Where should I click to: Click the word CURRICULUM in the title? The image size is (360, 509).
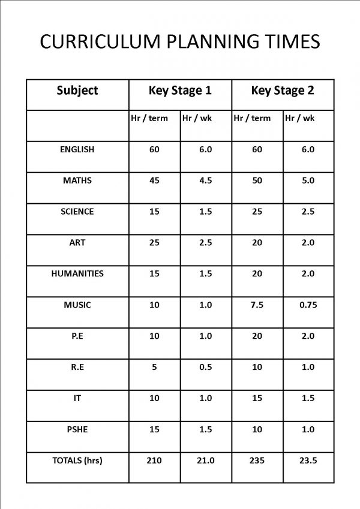click(x=98, y=41)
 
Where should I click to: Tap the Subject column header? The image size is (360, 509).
click(x=77, y=91)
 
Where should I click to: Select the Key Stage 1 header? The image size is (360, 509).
click(x=180, y=91)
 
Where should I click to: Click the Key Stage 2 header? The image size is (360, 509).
click(x=282, y=91)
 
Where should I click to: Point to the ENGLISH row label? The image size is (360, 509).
click(x=77, y=149)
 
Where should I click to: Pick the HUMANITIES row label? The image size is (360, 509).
click(x=77, y=273)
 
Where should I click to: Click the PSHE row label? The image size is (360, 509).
click(x=77, y=429)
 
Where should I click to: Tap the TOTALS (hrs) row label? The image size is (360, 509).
click(x=77, y=460)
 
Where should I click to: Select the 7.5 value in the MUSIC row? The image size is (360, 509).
click(x=257, y=305)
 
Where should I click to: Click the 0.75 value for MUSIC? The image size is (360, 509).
click(x=308, y=305)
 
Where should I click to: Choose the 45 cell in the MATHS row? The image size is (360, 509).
click(x=154, y=180)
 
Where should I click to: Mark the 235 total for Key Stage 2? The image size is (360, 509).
click(x=257, y=460)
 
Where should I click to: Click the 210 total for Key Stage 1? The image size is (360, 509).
click(x=154, y=460)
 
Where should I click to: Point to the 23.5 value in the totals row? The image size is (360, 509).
click(x=308, y=460)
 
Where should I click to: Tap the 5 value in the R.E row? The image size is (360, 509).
click(x=154, y=367)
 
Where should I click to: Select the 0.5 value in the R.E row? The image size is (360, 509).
click(x=205, y=367)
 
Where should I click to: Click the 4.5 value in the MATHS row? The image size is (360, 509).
click(x=205, y=180)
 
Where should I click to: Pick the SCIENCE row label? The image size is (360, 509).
click(x=77, y=212)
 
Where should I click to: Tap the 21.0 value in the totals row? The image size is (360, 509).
click(x=205, y=460)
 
